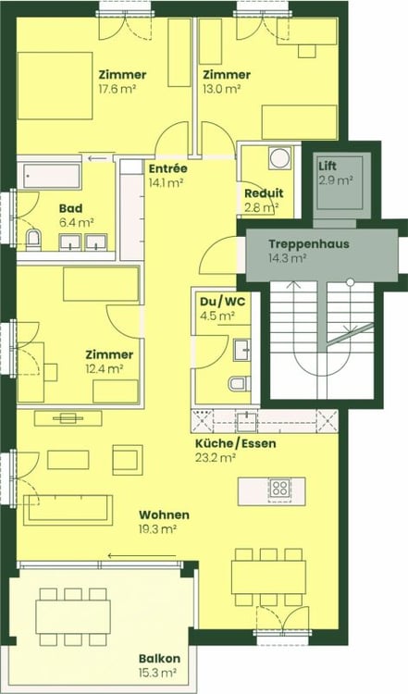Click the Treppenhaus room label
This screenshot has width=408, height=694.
(301, 244)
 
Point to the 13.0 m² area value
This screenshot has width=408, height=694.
(222, 90)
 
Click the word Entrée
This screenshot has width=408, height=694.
(167, 168)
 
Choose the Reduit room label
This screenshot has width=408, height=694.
(263, 192)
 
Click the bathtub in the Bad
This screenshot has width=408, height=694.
(52, 174)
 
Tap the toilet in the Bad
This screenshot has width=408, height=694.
(34, 242)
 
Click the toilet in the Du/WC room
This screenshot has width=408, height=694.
(236, 384)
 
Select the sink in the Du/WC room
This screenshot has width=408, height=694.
(243, 349)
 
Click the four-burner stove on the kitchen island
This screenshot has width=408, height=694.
(280, 489)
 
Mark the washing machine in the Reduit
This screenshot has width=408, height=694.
(279, 158)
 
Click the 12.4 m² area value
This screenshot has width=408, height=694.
(103, 368)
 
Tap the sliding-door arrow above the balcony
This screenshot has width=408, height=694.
(138, 556)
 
